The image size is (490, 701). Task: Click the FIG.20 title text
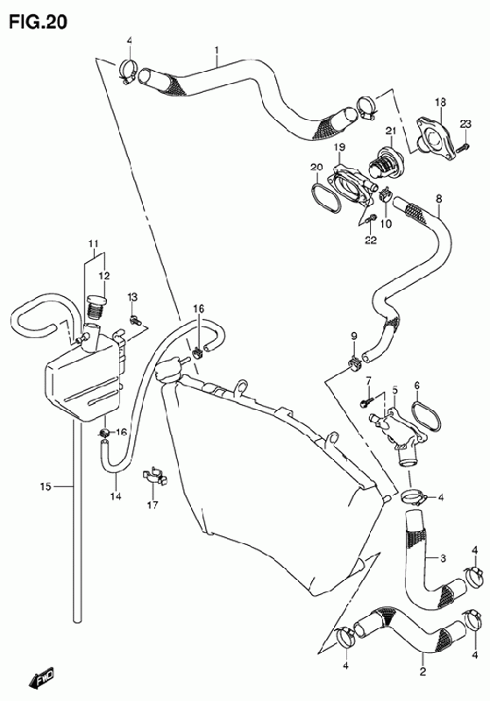pyautogui.click(x=39, y=21)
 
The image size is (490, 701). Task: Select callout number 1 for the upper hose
pyautogui.click(x=217, y=50)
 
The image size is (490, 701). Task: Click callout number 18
pyautogui.click(x=440, y=103)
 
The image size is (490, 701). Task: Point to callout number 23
pyautogui.click(x=465, y=124)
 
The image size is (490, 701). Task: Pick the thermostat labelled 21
pyautogui.click(x=386, y=163)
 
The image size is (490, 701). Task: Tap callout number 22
pyautogui.click(x=371, y=240)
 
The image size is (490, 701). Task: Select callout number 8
pyautogui.click(x=439, y=199)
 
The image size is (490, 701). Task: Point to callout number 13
pyautogui.click(x=131, y=297)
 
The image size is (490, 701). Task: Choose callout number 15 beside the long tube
pyautogui.click(x=46, y=486)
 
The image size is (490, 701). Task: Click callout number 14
pyautogui.click(x=116, y=496)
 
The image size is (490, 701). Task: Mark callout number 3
pyautogui.click(x=443, y=558)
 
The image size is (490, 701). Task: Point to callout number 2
pyautogui.click(x=423, y=670)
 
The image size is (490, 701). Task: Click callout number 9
pyautogui.click(x=353, y=336)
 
